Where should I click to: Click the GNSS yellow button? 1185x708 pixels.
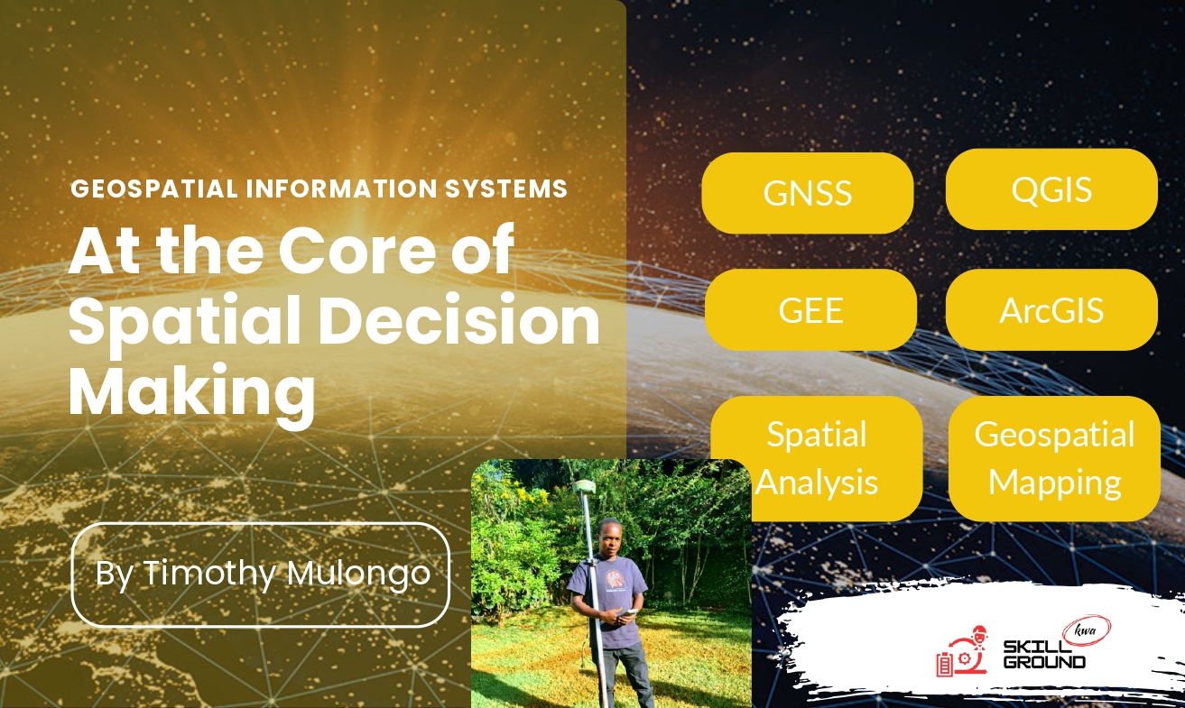pos(807,193)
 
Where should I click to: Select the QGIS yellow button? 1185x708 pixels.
pos(1051,189)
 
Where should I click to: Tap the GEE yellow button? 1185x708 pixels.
pos(810,310)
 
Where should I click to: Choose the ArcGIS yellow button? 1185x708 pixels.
pos(1051,310)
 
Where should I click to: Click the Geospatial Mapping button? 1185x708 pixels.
pos(1054,458)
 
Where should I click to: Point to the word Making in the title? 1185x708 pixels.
pos(191,392)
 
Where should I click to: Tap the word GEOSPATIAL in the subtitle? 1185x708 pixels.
pos(154,188)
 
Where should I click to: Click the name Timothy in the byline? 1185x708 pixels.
pos(210,574)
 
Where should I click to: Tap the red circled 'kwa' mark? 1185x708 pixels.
pos(1087,630)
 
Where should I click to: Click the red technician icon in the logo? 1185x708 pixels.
pos(962,651)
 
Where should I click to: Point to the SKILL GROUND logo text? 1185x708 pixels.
pos(1044,655)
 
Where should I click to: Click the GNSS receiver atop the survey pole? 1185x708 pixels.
pos(584,487)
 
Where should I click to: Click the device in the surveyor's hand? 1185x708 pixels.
pos(630,612)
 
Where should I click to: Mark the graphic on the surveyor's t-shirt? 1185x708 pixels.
pos(614,578)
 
